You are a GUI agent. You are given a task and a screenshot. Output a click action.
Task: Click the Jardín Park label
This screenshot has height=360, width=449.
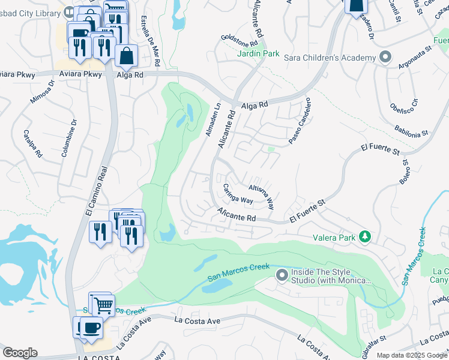coord(258,53)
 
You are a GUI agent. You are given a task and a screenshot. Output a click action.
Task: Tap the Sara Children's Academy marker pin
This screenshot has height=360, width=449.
coord(385,58)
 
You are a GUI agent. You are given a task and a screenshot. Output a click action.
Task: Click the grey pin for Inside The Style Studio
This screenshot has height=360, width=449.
coord(282,276)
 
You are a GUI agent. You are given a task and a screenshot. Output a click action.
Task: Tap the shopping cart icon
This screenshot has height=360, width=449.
coord(103,305)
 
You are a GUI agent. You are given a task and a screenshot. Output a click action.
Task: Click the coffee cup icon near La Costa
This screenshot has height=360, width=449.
coord(91,328)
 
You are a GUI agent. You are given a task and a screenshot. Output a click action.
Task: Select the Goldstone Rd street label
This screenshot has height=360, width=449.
coord(239,40)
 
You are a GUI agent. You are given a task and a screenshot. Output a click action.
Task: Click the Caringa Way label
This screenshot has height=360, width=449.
coord(238,195)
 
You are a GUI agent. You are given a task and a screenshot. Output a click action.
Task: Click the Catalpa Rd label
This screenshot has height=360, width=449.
coord(32,144)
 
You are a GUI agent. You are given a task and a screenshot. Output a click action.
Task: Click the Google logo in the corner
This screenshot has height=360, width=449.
coord(20,353)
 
